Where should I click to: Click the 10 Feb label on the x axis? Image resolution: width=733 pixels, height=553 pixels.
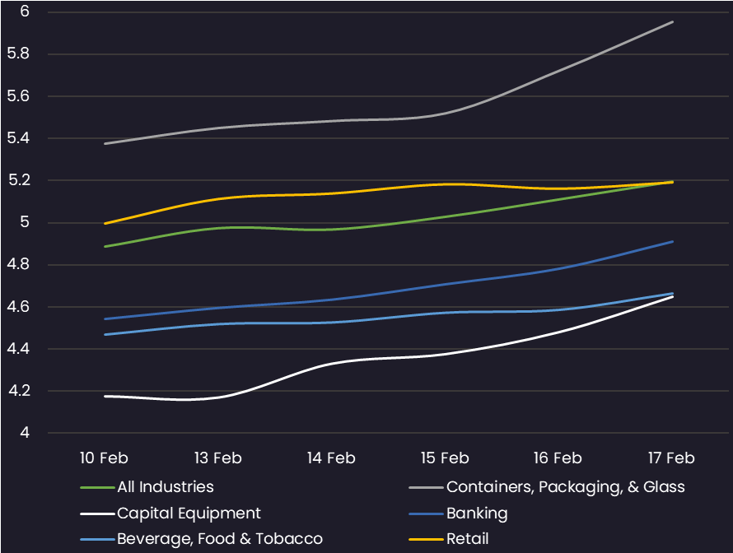[x=104, y=458]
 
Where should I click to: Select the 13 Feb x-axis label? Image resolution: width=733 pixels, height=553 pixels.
[x=218, y=458]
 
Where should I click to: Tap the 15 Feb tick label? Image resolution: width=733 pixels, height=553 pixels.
[x=445, y=458]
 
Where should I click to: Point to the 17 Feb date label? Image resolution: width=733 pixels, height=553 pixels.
[x=671, y=458]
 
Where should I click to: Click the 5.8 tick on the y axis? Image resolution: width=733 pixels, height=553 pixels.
[x=18, y=53]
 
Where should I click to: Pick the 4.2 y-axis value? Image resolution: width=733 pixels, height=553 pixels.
[x=19, y=390]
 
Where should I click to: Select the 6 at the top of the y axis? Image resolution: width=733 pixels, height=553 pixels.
[x=25, y=12]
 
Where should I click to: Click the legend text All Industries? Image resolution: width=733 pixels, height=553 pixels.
[x=166, y=486]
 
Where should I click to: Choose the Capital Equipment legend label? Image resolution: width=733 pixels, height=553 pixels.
[x=189, y=513]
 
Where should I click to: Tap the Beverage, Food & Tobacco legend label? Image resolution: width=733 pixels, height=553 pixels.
[x=220, y=539]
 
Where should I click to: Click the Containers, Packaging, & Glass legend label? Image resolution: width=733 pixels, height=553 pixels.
[x=566, y=487]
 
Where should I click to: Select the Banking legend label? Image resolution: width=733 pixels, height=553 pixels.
[x=477, y=513]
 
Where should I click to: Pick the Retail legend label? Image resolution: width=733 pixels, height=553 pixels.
[x=468, y=539]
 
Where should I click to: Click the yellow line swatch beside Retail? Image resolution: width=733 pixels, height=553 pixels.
[x=426, y=540]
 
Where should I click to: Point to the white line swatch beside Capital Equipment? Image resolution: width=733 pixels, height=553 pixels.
[x=97, y=514]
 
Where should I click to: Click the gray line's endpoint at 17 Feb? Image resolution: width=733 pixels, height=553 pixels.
[x=672, y=22]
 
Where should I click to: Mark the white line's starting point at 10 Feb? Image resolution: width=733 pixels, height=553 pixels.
[x=105, y=396]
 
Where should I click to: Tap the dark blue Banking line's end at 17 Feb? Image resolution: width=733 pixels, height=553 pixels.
[x=672, y=241]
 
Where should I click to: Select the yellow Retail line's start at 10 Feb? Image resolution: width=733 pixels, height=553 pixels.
[x=105, y=223]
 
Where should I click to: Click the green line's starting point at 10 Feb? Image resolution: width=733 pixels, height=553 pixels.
[x=105, y=246]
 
